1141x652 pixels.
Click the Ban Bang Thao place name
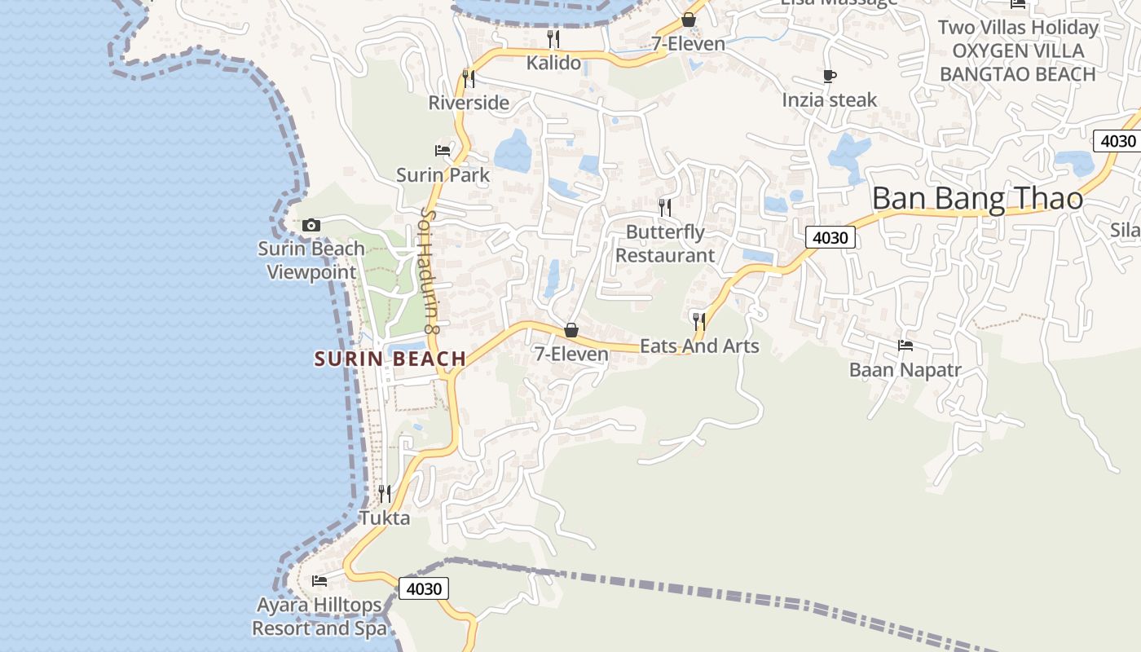click(977, 199)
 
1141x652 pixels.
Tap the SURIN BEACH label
click(390, 359)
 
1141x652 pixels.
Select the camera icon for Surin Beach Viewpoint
click(311, 225)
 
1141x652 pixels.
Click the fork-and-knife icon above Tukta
click(385, 493)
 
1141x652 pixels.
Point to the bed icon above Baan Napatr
click(905, 346)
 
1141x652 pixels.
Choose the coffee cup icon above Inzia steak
click(830, 77)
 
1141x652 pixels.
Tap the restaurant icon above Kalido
click(553, 38)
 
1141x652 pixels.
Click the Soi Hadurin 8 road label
click(429, 271)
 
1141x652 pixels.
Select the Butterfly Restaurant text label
click(665, 244)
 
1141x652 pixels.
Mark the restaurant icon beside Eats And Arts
click(698, 321)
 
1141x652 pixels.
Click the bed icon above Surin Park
click(443, 151)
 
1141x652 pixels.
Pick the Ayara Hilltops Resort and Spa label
click(319, 617)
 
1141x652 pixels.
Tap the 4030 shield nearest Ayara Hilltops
click(424, 588)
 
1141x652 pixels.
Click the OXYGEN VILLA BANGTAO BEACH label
click(1018, 63)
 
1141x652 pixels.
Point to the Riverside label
click(469, 103)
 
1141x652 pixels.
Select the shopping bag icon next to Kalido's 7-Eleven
click(688, 20)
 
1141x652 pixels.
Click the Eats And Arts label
click(699, 346)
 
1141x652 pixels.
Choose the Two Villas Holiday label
click(1018, 27)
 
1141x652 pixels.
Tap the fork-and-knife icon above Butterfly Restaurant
click(665, 207)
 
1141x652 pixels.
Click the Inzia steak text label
click(830, 99)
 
